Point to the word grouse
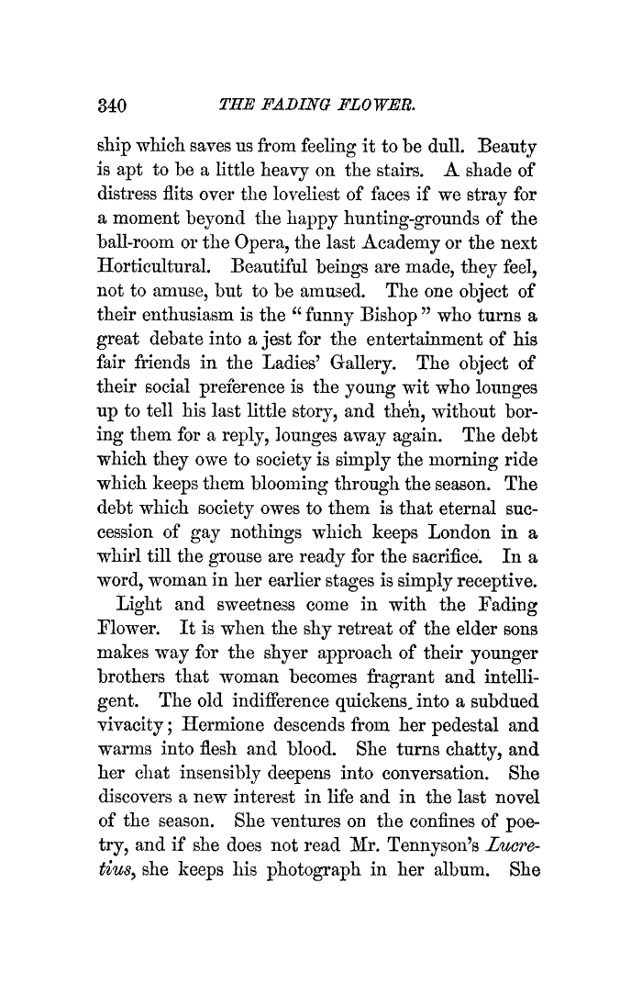[x=265, y=553]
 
